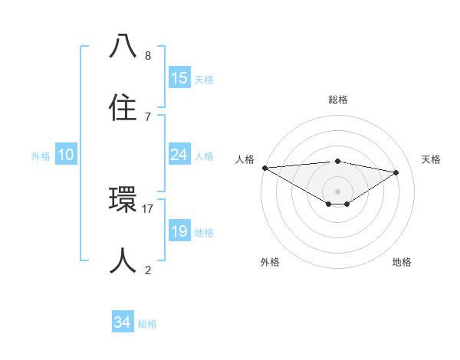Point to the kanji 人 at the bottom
pyautogui.click(x=123, y=261)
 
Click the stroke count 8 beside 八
pyautogui.click(x=148, y=56)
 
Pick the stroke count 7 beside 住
pyautogui.click(x=148, y=116)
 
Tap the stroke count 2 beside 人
pyautogui.click(x=148, y=270)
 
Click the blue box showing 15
pyautogui.click(x=179, y=78)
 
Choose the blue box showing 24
pyautogui.click(x=179, y=155)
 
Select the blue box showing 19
pyautogui.click(x=179, y=231)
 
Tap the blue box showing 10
pyautogui.click(x=66, y=155)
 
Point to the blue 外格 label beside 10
pyautogui.click(x=41, y=156)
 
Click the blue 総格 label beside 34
pyautogui.click(x=147, y=325)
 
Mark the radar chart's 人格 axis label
pyautogui.click(x=245, y=159)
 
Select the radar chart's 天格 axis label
pyautogui.click(x=432, y=159)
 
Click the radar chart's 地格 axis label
pyautogui.click(x=402, y=262)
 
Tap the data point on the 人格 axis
pyautogui.click(x=264, y=168)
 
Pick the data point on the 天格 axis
pyautogui.click(x=396, y=172)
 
